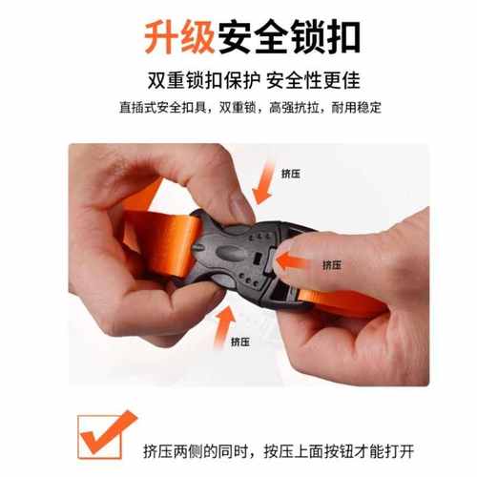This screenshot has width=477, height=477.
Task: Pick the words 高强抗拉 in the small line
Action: point(283,107)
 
